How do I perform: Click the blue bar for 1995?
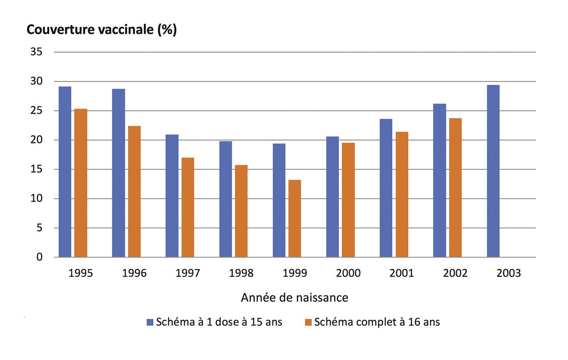(65, 172)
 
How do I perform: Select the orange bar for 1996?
(134, 191)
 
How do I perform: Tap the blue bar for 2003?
(493, 171)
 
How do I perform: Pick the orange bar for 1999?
(295, 218)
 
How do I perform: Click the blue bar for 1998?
(225, 199)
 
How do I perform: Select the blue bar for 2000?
(332, 197)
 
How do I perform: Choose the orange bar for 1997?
(188, 207)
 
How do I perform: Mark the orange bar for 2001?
(402, 194)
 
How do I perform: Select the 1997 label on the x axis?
(188, 273)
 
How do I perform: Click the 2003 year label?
(509, 273)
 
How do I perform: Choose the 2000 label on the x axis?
(348, 273)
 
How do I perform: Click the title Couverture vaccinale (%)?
(102, 30)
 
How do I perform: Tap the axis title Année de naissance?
(294, 297)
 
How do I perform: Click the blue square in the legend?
(150, 322)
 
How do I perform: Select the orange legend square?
(308, 322)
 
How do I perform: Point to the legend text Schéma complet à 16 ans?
(377, 322)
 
